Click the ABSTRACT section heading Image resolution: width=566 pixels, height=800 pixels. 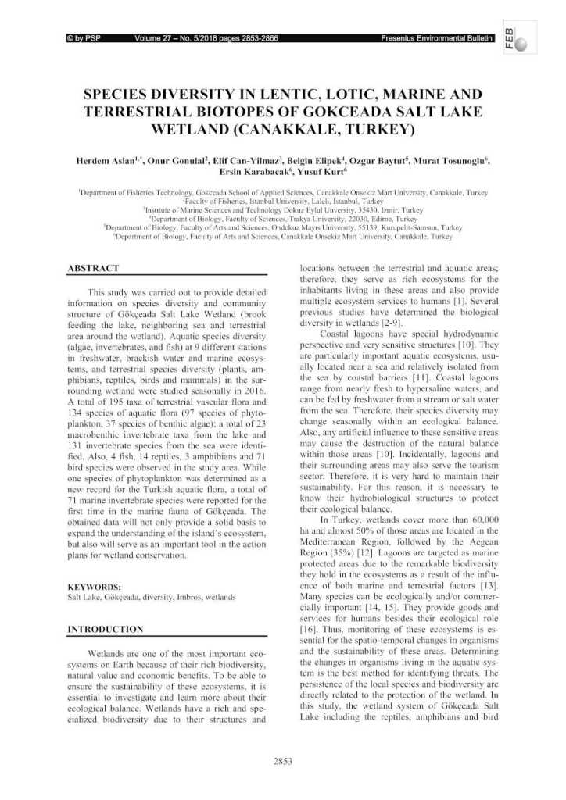(x=94, y=268)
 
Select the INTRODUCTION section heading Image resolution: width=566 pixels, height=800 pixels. (x=106, y=628)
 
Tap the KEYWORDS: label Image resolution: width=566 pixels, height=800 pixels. (x=95, y=586)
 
